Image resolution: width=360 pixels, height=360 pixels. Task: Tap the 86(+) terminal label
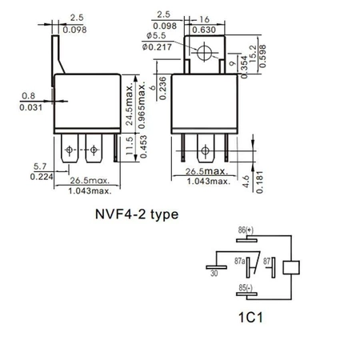(245, 230)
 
